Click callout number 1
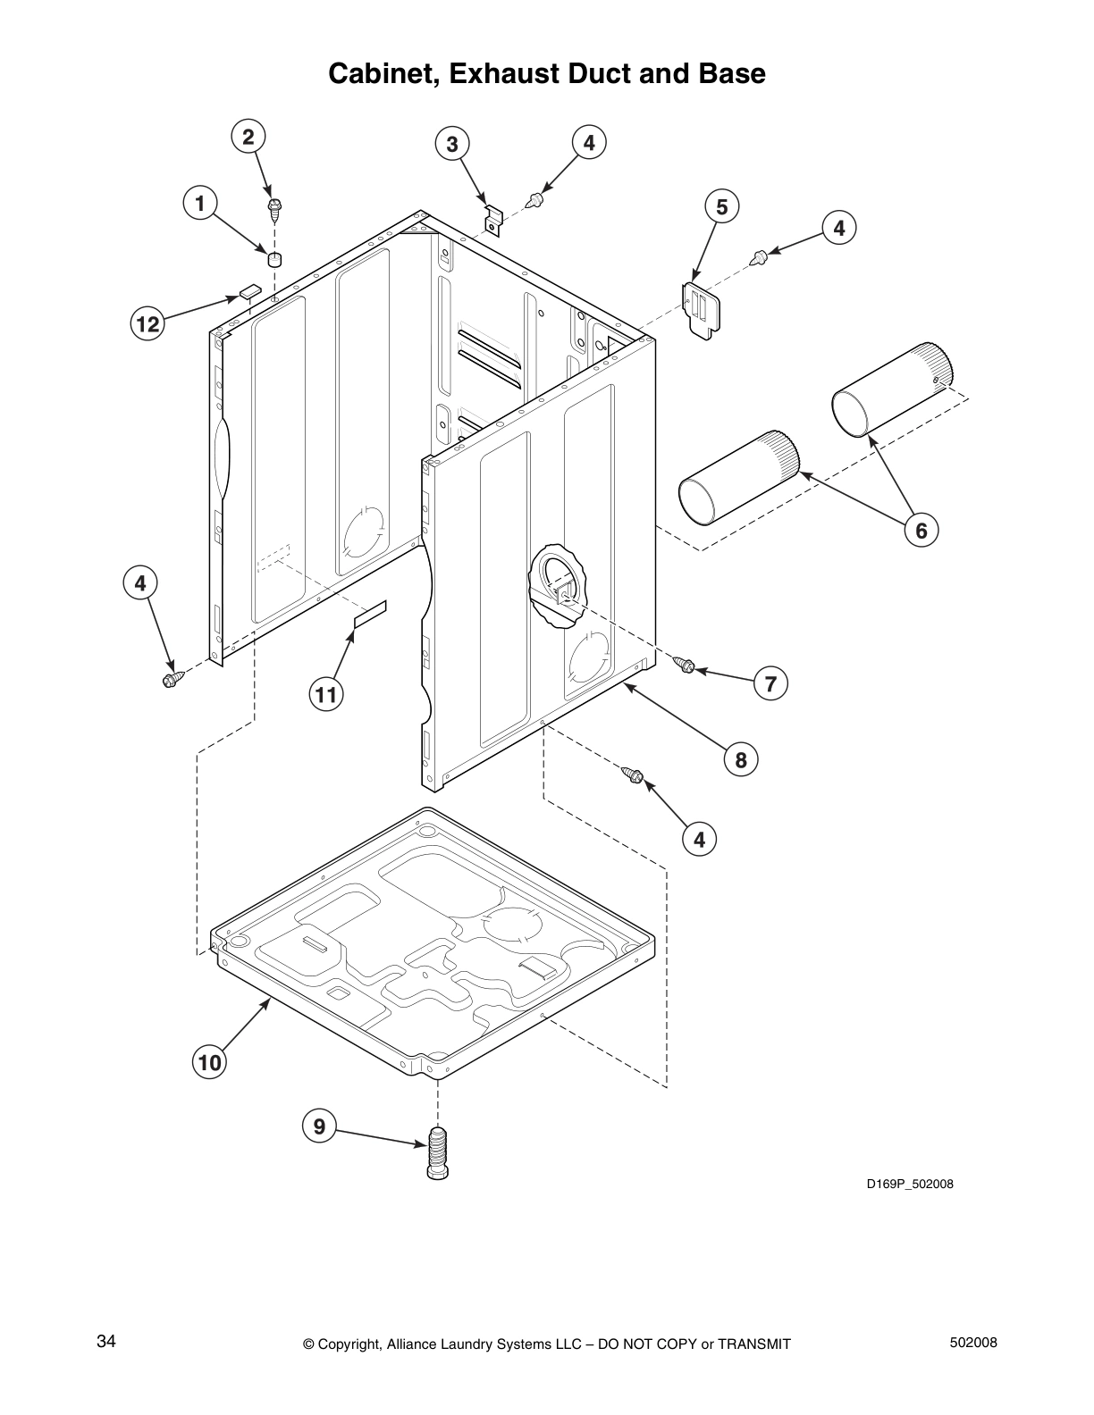pyautogui.click(x=200, y=203)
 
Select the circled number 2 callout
pyautogui.click(x=248, y=137)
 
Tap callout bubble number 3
pyautogui.click(x=452, y=143)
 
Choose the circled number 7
pyautogui.click(x=770, y=684)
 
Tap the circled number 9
pyautogui.click(x=319, y=1126)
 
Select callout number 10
pyautogui.click(x=209, y=1062)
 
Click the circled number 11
pyautogui.click(x=327, y=693)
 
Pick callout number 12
pyautogui.click(x=147, y=323)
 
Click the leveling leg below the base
pyautogui.click(x=438, y=1154)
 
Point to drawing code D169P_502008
pyautogui.click(x=910, y=1185)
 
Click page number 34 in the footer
pyautogui.click(x=106, y=1342)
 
